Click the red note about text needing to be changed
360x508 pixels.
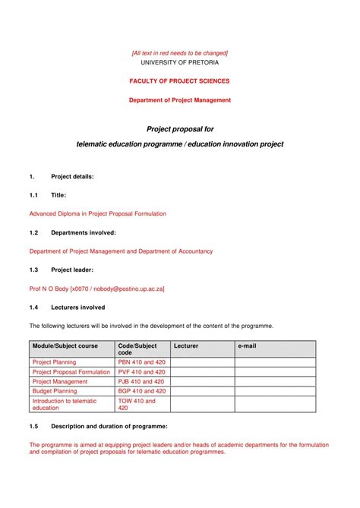pyautogui.click(x=179, y=52)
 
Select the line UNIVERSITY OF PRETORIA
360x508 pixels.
pyautogui.click(x=179, y=62)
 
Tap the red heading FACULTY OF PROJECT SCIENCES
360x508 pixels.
pyautogui.click(x=179, y=80)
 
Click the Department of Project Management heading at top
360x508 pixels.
pyautogui.click(x=179, y=99)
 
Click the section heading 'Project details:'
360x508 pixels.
pyautogui.click(x=72, y=176)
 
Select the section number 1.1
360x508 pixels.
pyautogui.click(x=34, y=195)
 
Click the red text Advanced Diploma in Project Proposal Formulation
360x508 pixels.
pyautogui.click(x=97, y=213)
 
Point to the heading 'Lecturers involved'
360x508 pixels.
pyautogui.click(x=77, y=308)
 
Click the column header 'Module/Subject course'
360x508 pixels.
pyautogui.click(x=65, y=346)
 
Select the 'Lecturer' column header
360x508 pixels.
pyautogui.click(x=185, y=346)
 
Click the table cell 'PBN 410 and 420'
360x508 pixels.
pyautogui.click(x=141, y=362)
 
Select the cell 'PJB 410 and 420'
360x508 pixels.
pyautogui.click(x=141, y=381)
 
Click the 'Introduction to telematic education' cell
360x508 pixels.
pyautogui.click(x=65, y=404)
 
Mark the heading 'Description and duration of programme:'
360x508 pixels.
pyautogui.click(x=109, y=426)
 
